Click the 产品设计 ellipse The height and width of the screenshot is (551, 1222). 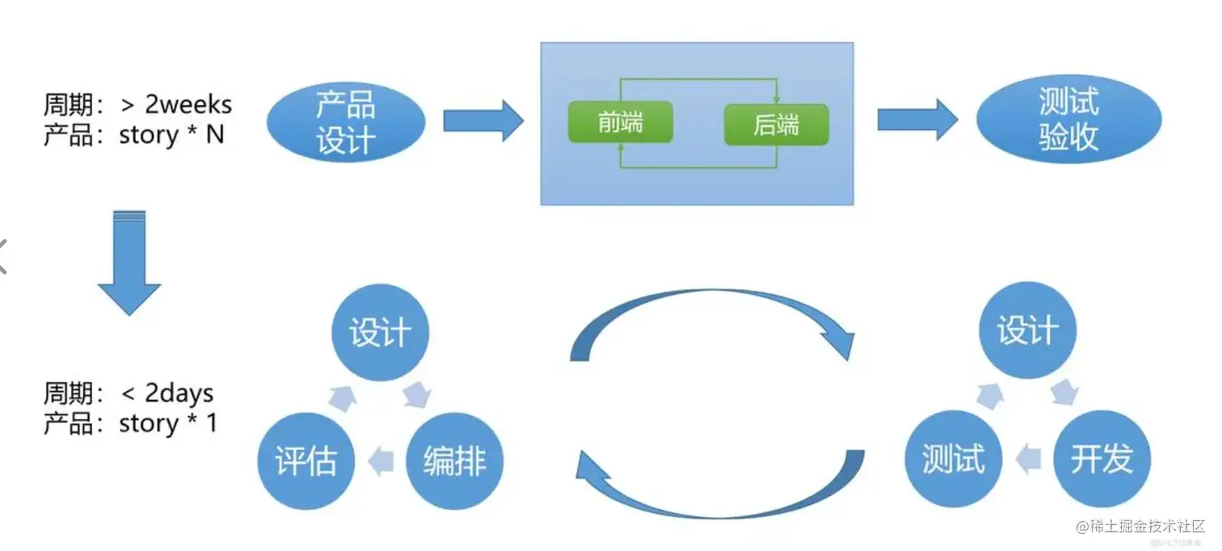point(346,122)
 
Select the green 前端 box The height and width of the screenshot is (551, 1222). point(621,123)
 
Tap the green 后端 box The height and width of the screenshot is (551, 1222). point(776,124)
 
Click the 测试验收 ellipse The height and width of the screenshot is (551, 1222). point(1068,120)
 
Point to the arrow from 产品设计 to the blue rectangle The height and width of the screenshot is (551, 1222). point(483,121)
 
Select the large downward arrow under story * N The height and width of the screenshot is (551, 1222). point(129,263)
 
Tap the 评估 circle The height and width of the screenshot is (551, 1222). point(305,461)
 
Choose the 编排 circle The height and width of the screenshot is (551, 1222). point(454,461)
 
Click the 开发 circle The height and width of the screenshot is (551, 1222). point(1102,459)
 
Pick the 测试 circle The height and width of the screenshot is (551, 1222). point(954,459)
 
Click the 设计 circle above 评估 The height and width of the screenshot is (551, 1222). point(380,332)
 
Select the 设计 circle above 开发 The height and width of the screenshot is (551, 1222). point(1027,330)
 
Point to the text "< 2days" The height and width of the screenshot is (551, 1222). point(167,393)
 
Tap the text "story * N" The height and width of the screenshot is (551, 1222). point(171,134)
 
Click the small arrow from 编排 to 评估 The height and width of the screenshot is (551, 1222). point(380,461)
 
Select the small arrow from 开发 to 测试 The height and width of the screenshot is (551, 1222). point(1028,459)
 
